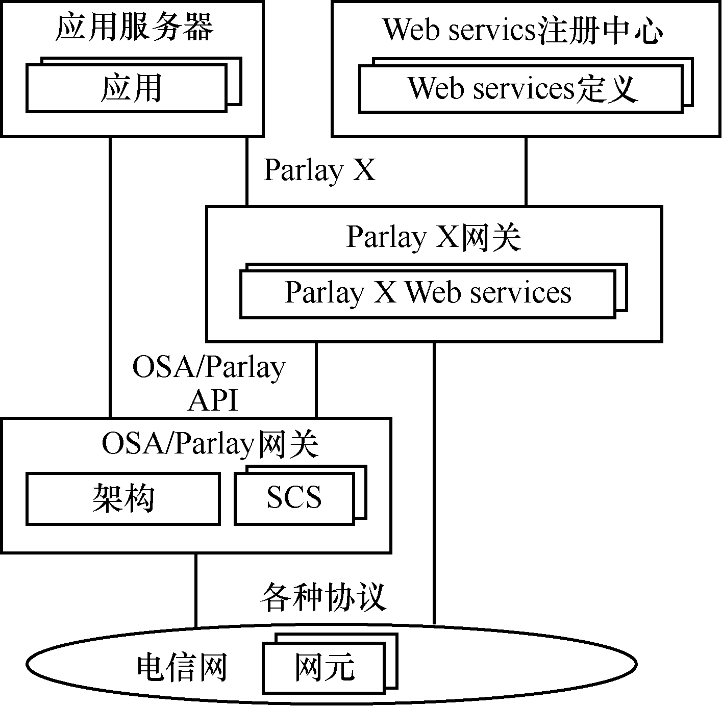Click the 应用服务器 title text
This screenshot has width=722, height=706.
(134, 28)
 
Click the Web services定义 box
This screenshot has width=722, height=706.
(521, 88)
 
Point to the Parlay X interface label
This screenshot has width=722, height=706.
(319, 170)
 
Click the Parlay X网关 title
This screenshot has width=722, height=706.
(434, 237)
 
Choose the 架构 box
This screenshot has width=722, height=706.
(123, 498)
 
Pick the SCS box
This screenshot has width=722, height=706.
(294, 498)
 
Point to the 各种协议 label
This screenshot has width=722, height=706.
(323, 596)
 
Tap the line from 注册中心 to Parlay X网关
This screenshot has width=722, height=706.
(526, 171)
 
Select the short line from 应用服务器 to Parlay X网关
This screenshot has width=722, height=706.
(247, 171)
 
